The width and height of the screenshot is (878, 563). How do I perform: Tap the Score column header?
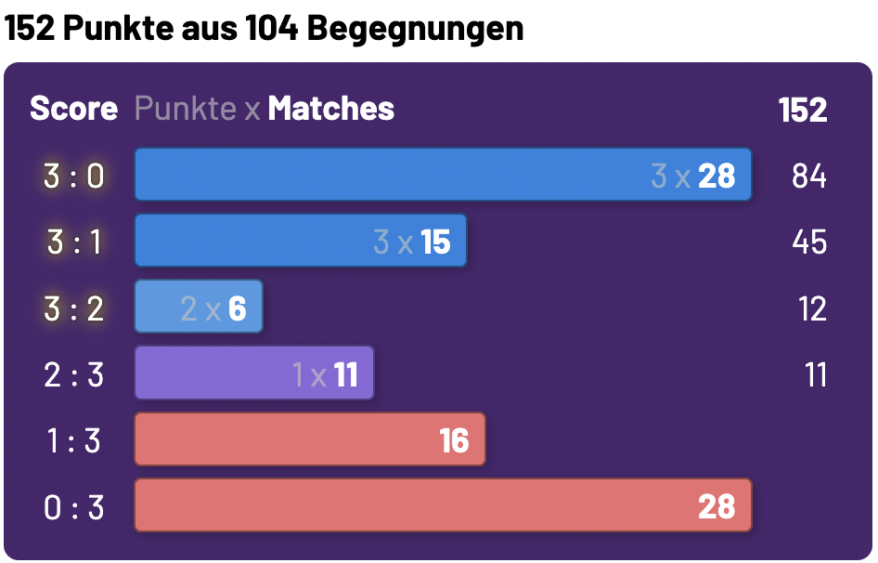pyautogui.click(x=73, y=109)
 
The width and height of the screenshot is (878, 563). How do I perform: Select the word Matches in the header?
pyautogui.click(x=331, y=109)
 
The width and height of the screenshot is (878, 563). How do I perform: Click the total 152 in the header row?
pyautogui.click(x=803, y=110)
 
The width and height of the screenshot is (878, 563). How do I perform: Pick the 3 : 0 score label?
pyautogui.click(x=74, y=176)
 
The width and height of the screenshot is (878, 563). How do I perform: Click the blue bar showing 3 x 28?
pyautogui.click(x=443, y=175)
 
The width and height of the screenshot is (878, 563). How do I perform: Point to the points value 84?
pyautogui.click(x=808, y=176)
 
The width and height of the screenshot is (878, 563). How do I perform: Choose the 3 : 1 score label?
pyautogui.click(x=74, y=242)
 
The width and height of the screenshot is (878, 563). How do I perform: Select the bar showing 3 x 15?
pyautogui.click(x=300, y=242)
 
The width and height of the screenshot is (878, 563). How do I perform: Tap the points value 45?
pyautogui.click(x=808, y=242)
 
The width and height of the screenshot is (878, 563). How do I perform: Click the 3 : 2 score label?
pyautogui.click(x=74, y=308)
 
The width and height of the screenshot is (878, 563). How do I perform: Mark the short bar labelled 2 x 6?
pyautogui.click(x=199, y=308)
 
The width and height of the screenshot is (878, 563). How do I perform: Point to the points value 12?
pyautogui.click(x=811, y=308)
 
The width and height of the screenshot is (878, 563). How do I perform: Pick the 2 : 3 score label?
pyautogui.click(x=74, y=375)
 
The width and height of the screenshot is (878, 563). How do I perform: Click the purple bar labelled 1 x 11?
pyautogui.click(x=253, y=374)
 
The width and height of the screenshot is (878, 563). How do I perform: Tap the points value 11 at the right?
pyautogui.click(x=815, y=375)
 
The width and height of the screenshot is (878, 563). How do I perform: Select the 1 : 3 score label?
pyautogui.click(x=74, y=440)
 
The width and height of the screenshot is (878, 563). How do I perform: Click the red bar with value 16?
pyautogui.click(x=309, y=439)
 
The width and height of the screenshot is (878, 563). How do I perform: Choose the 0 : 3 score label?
pyautogui.click(x=74, y=507)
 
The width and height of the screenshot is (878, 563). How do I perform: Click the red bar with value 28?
pyautogui.click(x=443, y=506)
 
